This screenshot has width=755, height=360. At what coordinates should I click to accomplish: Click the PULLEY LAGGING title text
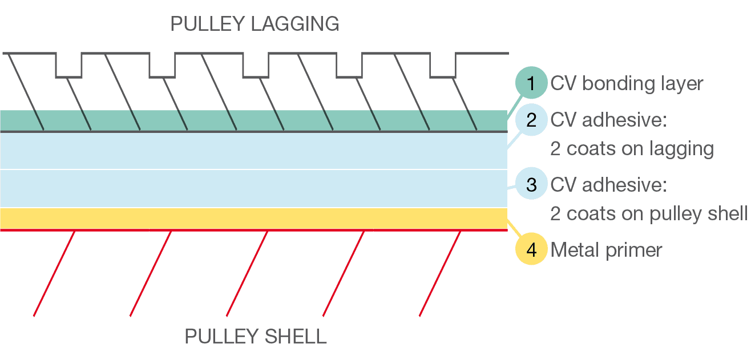pos(255,24)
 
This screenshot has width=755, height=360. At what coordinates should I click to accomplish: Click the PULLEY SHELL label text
pos(256,336)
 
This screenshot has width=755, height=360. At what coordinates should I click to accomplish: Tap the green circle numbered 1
pos(531,83)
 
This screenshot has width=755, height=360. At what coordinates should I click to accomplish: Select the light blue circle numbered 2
pos(531,120)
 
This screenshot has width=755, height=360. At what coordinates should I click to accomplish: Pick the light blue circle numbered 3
pos(531,185)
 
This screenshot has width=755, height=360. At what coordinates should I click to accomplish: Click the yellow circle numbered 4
pos(531,250)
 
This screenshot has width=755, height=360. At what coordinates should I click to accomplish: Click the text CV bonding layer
pos(627,83)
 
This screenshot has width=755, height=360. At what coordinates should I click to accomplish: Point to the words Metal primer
pos(606,250)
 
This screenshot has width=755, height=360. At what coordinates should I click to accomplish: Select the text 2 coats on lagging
pos(632,148)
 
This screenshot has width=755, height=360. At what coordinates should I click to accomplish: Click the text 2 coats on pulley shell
pos(649,213)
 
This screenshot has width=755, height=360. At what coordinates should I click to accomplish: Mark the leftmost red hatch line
pos(54,273)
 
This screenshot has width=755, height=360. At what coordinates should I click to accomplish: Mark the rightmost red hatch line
pos(439,273)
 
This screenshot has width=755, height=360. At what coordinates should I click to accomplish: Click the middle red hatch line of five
pos(247,273)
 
